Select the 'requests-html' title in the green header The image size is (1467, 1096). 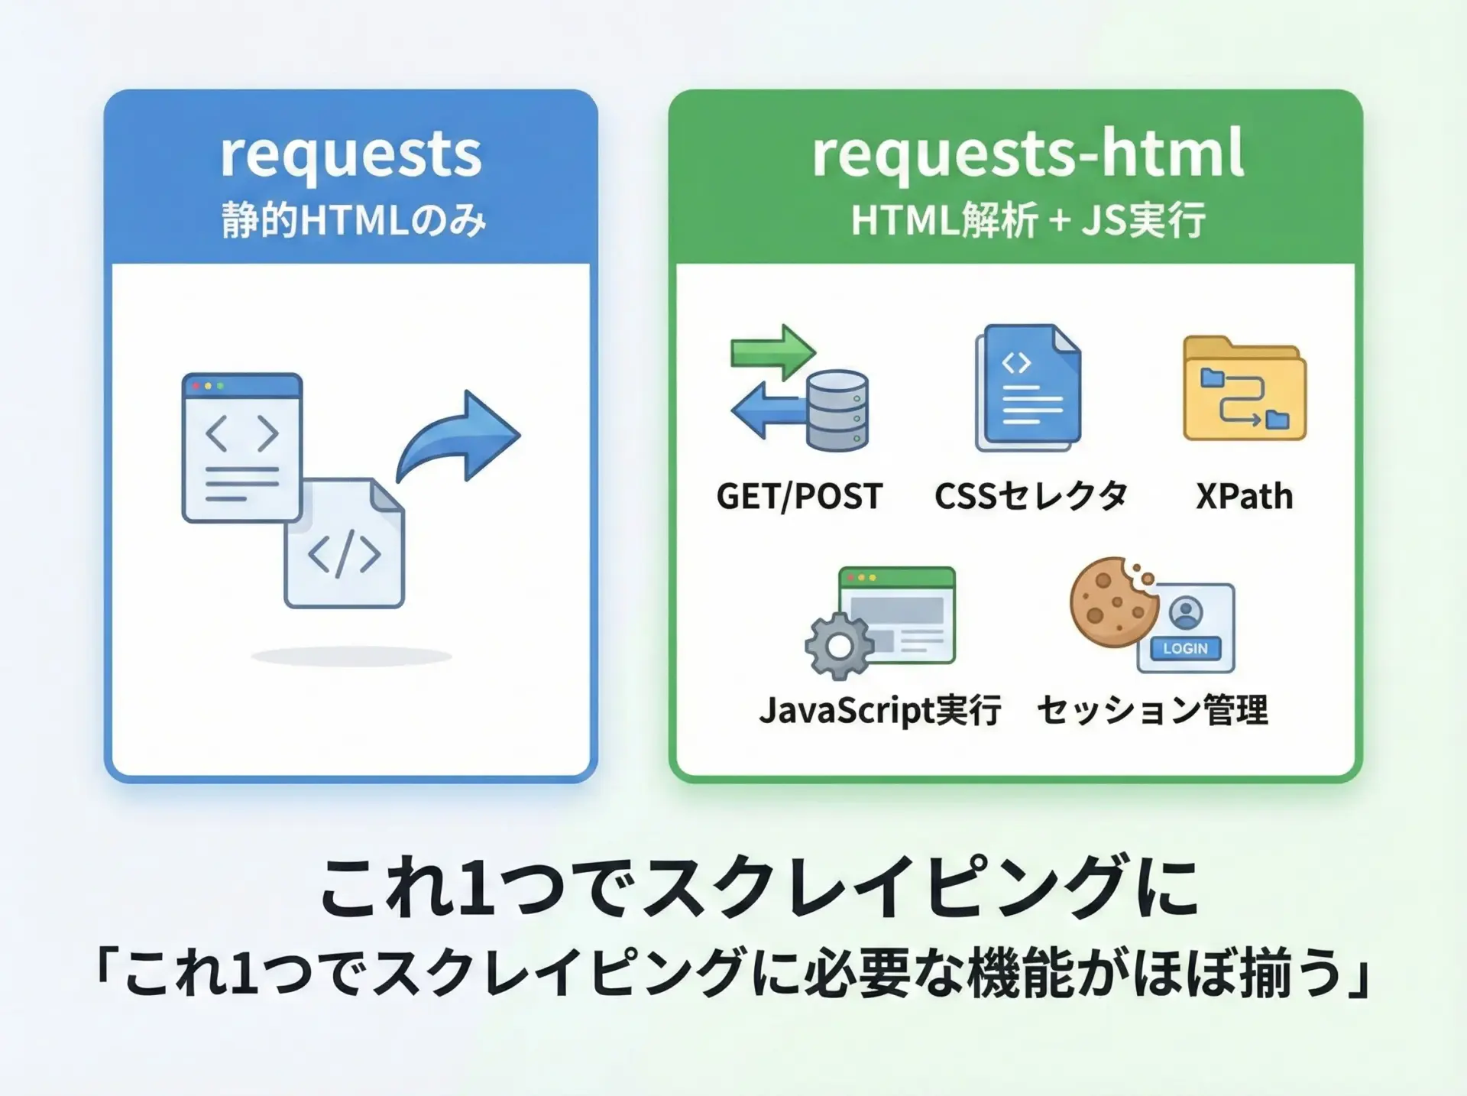click(1028, 155)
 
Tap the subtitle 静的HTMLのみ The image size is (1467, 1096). click(354, 221)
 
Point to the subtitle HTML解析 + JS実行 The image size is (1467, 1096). click(1028, 220)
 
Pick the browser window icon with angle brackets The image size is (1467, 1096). click(242, 447)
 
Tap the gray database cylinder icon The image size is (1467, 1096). click(837, 410)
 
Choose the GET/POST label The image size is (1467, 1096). click(799, 497)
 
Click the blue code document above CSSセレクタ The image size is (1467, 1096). click(1028, 387)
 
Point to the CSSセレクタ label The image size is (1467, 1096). click(1031, 496)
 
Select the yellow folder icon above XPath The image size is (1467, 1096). click(1244, 388)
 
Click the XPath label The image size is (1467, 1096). click(1245, 497)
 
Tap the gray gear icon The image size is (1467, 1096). click(839, 646)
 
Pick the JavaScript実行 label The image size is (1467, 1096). click(879, 710)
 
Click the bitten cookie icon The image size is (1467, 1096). click(1113, 602)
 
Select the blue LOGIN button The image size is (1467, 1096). click(1185, 648)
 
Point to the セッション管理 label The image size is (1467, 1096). click(1152, 710)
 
